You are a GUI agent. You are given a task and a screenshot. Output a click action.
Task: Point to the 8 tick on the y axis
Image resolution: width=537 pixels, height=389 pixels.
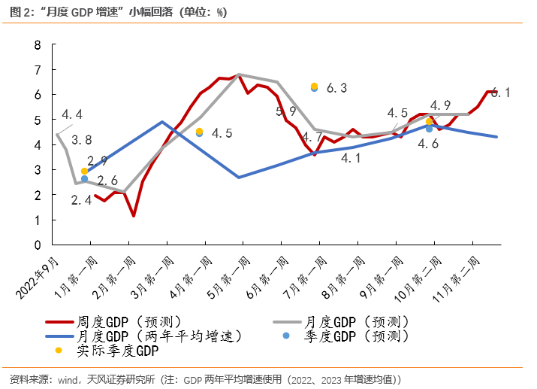click(38, 44)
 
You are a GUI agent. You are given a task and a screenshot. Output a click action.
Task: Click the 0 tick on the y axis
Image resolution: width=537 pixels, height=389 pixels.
click(38, 245)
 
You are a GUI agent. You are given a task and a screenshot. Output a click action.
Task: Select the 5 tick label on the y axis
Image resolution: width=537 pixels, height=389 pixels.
click(38, 120)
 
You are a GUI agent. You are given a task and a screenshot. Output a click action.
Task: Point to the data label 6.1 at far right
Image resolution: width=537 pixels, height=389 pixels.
click(502, 93)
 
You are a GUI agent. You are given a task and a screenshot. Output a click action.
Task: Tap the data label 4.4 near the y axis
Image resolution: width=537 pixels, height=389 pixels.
click(71, 115)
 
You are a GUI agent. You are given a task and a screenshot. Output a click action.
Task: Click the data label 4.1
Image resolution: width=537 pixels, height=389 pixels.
click(351, 158)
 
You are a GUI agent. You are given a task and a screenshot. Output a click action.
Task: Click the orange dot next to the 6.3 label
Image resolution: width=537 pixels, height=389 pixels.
click(315, 86)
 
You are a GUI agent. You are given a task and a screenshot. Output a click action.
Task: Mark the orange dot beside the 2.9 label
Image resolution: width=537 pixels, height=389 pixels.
click(84, 172)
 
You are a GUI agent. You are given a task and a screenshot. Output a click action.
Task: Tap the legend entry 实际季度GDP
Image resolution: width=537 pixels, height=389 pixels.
click(119, 349)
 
